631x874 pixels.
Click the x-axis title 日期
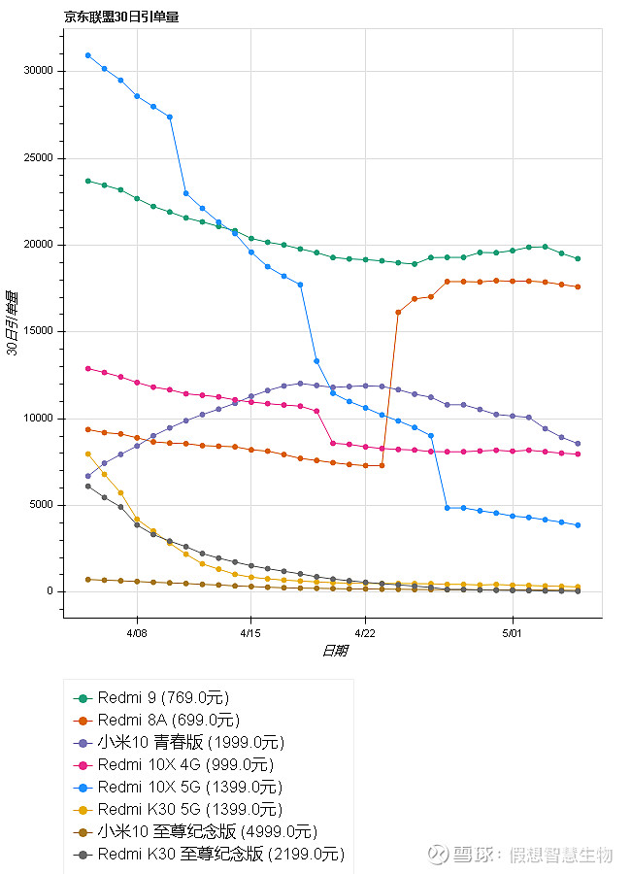pyautogui.click(x=334, y=651)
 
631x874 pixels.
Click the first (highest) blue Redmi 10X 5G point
pyautogui.click(x=88, y=55)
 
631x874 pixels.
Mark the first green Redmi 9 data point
pyautogui.click(x=88, y=181)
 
